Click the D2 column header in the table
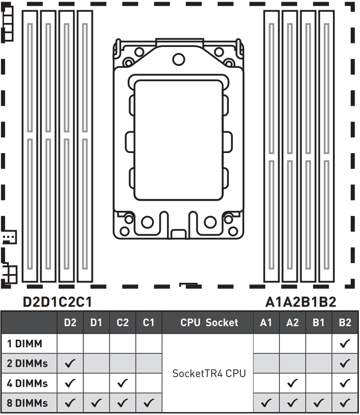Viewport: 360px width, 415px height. pos(70,323)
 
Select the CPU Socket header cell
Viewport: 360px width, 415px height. pos(209,323)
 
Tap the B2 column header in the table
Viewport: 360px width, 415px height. pos(345,323)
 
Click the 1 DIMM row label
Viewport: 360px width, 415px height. pos(25,344)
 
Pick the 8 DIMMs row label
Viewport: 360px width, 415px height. pos(27,403)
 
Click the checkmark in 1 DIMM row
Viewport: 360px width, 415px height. pos(345,344)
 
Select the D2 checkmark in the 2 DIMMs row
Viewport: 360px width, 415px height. pos(70,363)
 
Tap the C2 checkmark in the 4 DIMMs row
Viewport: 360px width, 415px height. pos(123,383)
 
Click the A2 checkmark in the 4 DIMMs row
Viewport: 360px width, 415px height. pos(293,383)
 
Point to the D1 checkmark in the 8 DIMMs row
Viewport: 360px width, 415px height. pos(97,403)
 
